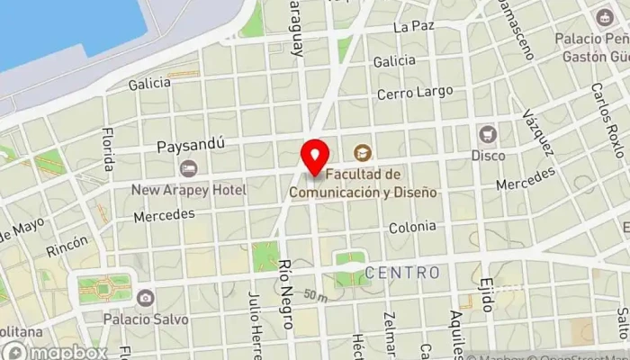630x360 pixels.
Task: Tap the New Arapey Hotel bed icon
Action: point(189,168)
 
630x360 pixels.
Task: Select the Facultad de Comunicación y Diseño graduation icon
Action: point(362,152)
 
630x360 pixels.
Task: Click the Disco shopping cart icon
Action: point(489,134)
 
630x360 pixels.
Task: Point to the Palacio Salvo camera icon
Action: point(145,297)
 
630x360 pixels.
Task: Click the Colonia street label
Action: point(412,228)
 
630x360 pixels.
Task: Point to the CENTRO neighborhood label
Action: point(402,272)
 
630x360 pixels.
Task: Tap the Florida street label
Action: point(108,148)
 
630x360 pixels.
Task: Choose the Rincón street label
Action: point(68,245)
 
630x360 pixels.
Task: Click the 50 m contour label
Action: point(315,295)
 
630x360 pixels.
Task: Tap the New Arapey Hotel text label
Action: point(189,190)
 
